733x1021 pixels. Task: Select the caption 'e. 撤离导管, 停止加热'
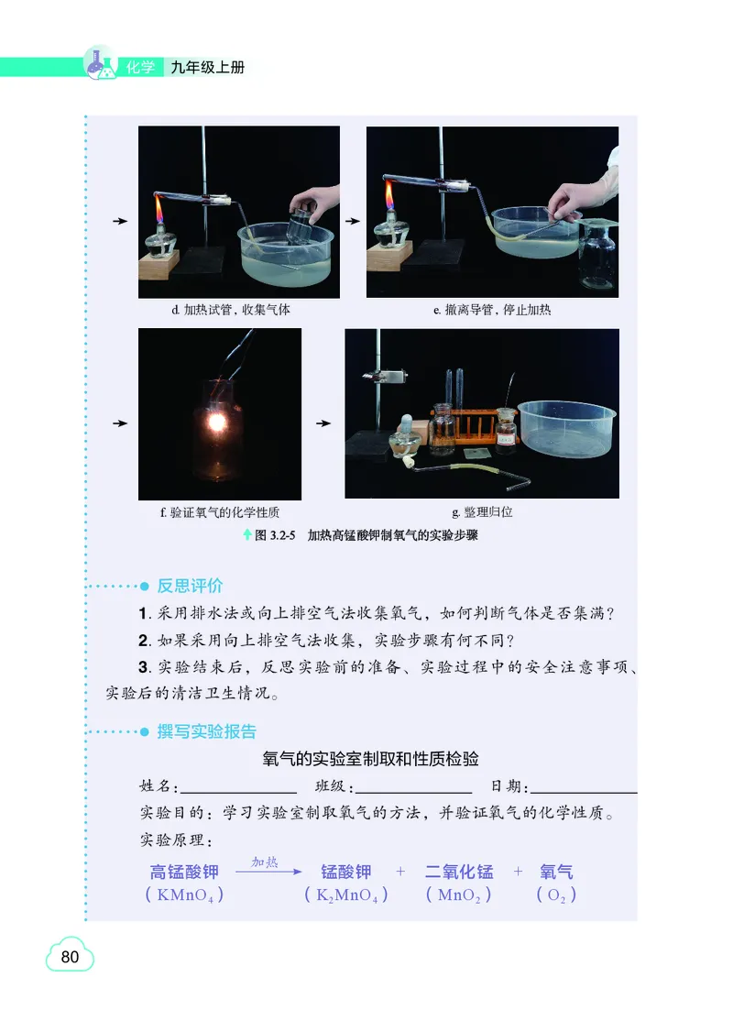click(492, 310)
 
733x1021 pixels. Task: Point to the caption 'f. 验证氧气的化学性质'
click(220, 511)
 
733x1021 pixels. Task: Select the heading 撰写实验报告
click(206, 731)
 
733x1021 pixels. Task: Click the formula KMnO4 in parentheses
click(185, 895)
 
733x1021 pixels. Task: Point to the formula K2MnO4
click(345, 895)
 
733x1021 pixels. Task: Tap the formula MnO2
click(458, 895)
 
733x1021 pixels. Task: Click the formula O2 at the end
click(556, 895)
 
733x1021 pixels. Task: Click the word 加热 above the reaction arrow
click(265, 862)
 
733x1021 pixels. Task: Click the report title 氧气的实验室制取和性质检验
click(370, 759)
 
